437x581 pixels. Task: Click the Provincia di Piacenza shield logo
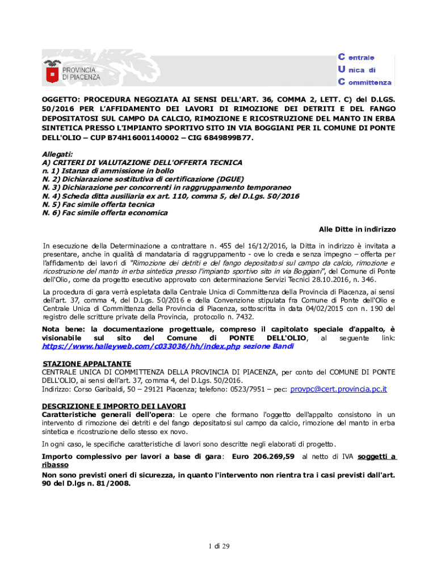click(52, 73)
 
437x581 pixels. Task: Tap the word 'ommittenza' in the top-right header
click(370, 82)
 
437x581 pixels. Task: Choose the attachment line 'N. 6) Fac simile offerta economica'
click(105, 213)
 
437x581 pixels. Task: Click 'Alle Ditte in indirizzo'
click(357, 229)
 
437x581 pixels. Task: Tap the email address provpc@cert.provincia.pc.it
click(338, 389)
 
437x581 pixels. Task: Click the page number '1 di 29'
click(218, 546)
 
